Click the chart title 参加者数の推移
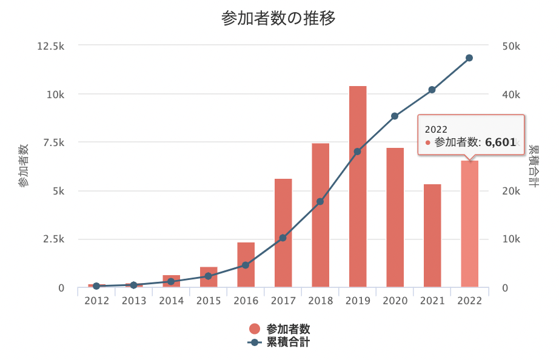[279, 18]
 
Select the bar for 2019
[358, 188]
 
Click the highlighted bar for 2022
[469, 224]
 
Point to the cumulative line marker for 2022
[469, 58]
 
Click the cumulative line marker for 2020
[395, 116]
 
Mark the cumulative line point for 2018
[320, 201]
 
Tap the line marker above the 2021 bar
[432, 90]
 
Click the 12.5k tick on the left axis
[52, 46]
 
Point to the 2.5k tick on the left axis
[53, 239]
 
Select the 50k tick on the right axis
[511, 46]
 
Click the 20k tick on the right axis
[511, 191]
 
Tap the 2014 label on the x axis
[171, 301]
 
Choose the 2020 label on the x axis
[395, 301]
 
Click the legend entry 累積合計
[288, 342]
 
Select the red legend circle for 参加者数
[255, 329]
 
